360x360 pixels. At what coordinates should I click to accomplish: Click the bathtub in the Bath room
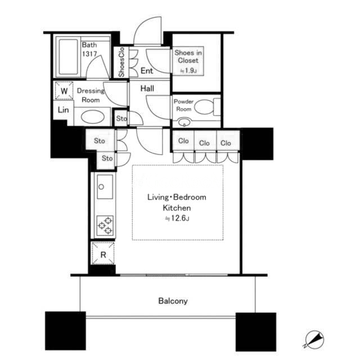coord(68,57)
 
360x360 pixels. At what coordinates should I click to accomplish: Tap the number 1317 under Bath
coord(89,54)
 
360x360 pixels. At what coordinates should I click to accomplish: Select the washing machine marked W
coord(64,91)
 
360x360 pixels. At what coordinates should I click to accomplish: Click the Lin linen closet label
coord(63,110)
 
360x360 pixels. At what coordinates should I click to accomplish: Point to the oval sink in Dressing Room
coord(92,116)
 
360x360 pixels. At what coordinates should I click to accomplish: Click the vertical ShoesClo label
coord(121,62)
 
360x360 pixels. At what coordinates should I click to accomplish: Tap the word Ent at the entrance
coord(147,70)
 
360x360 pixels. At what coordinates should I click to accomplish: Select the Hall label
coord(147,88)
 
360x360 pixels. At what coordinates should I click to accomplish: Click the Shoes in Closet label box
coord(188,61)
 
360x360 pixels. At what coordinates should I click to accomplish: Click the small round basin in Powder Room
coord(184,122)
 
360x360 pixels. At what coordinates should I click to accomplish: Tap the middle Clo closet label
coord(204,143)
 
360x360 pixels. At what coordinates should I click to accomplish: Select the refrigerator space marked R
coord(103,254)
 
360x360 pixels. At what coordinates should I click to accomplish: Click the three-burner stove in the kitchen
coord(105,226)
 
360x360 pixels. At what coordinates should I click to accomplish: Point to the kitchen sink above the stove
coord(105,187)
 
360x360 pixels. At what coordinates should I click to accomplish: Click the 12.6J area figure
coord(177,218)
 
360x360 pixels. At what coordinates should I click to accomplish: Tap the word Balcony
coord(173,301)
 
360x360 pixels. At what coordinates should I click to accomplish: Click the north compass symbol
coord(314,339)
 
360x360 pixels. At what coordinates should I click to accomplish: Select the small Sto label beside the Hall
coord(121,119)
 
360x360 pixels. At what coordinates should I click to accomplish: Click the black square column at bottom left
coord(65,331)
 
